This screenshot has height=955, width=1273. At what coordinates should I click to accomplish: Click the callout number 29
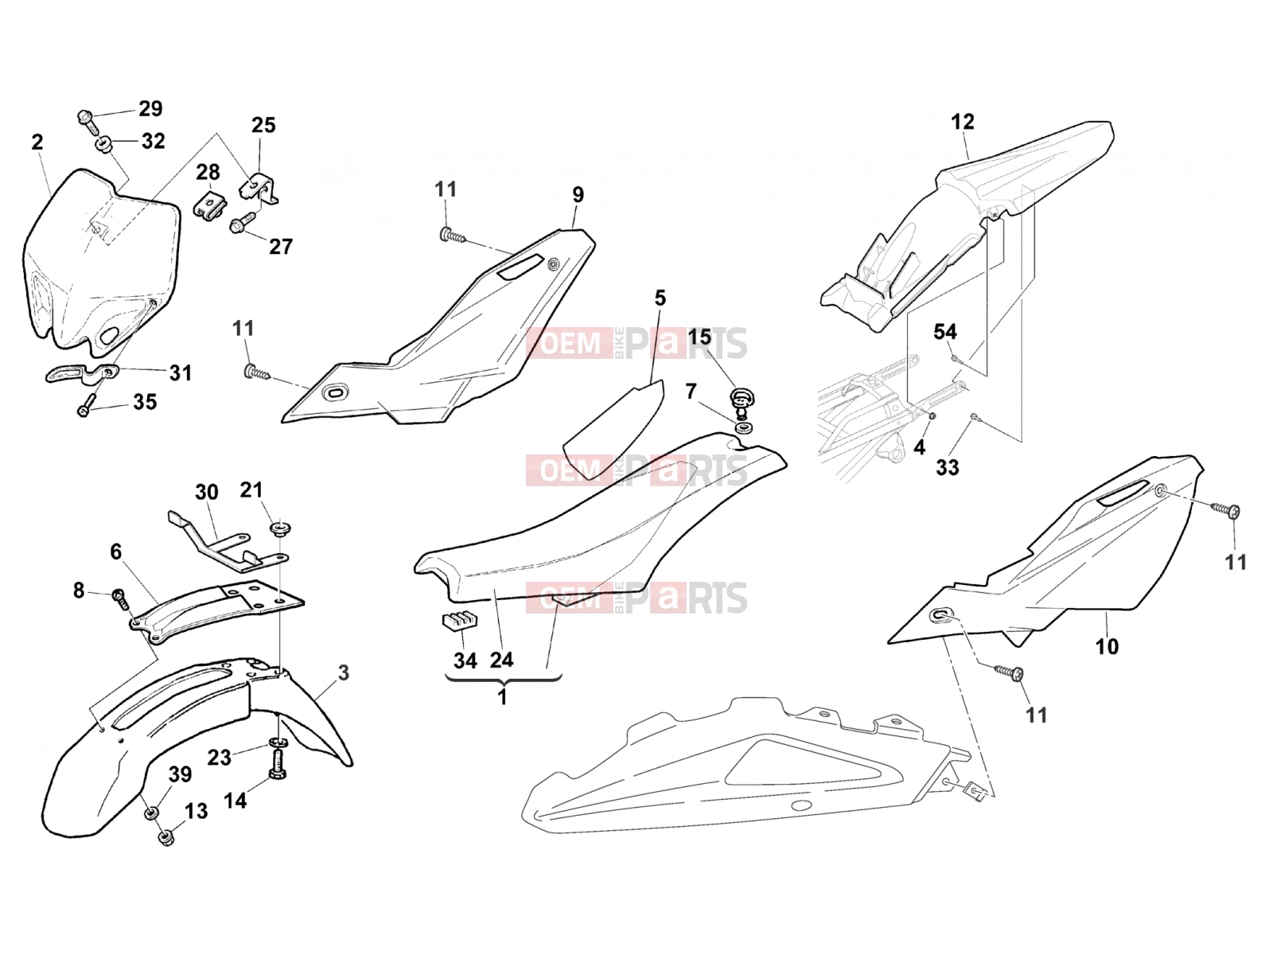pos(150,108)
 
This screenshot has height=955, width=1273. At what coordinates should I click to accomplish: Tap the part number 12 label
pos(963,122)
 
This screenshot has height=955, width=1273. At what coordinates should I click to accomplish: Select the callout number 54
pos(944,332)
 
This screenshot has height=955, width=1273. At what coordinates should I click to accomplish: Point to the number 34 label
pos(465,661)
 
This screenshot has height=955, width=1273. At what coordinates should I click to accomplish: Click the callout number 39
pos(180,774)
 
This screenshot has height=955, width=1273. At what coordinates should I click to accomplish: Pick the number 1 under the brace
pos(502,698)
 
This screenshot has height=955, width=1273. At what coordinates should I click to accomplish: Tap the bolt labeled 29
pos(85,118)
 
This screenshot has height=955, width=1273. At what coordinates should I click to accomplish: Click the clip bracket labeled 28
pos(209,204)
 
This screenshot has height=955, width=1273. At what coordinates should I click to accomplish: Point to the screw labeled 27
pos(243,223)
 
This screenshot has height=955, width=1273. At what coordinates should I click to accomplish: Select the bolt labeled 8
pos(121,598)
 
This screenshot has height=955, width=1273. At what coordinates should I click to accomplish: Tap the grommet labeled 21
pos(281,529)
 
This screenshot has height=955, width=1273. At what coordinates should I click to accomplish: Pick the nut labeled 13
pos(165,837)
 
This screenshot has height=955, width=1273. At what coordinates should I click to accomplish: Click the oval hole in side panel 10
pos(940,616)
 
